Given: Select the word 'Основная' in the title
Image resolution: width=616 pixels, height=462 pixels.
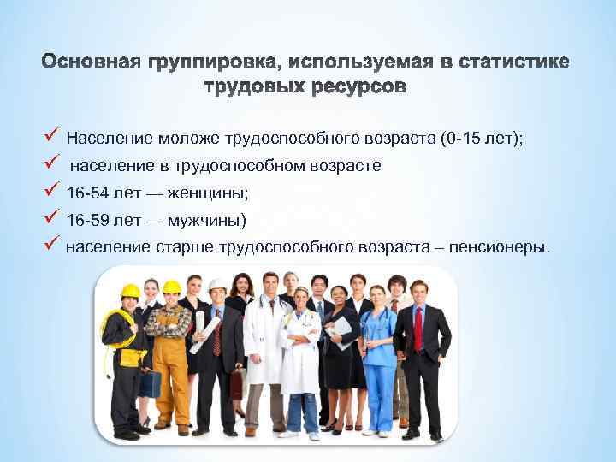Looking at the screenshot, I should [93, 63].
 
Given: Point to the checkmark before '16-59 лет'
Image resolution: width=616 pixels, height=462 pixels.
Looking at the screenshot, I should [51, 220].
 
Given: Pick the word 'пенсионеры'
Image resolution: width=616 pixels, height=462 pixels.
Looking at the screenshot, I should [505, 248].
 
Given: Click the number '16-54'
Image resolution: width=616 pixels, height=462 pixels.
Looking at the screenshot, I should [87, 194].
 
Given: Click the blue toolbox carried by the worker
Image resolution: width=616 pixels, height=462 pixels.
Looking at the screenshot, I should [151, 385].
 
